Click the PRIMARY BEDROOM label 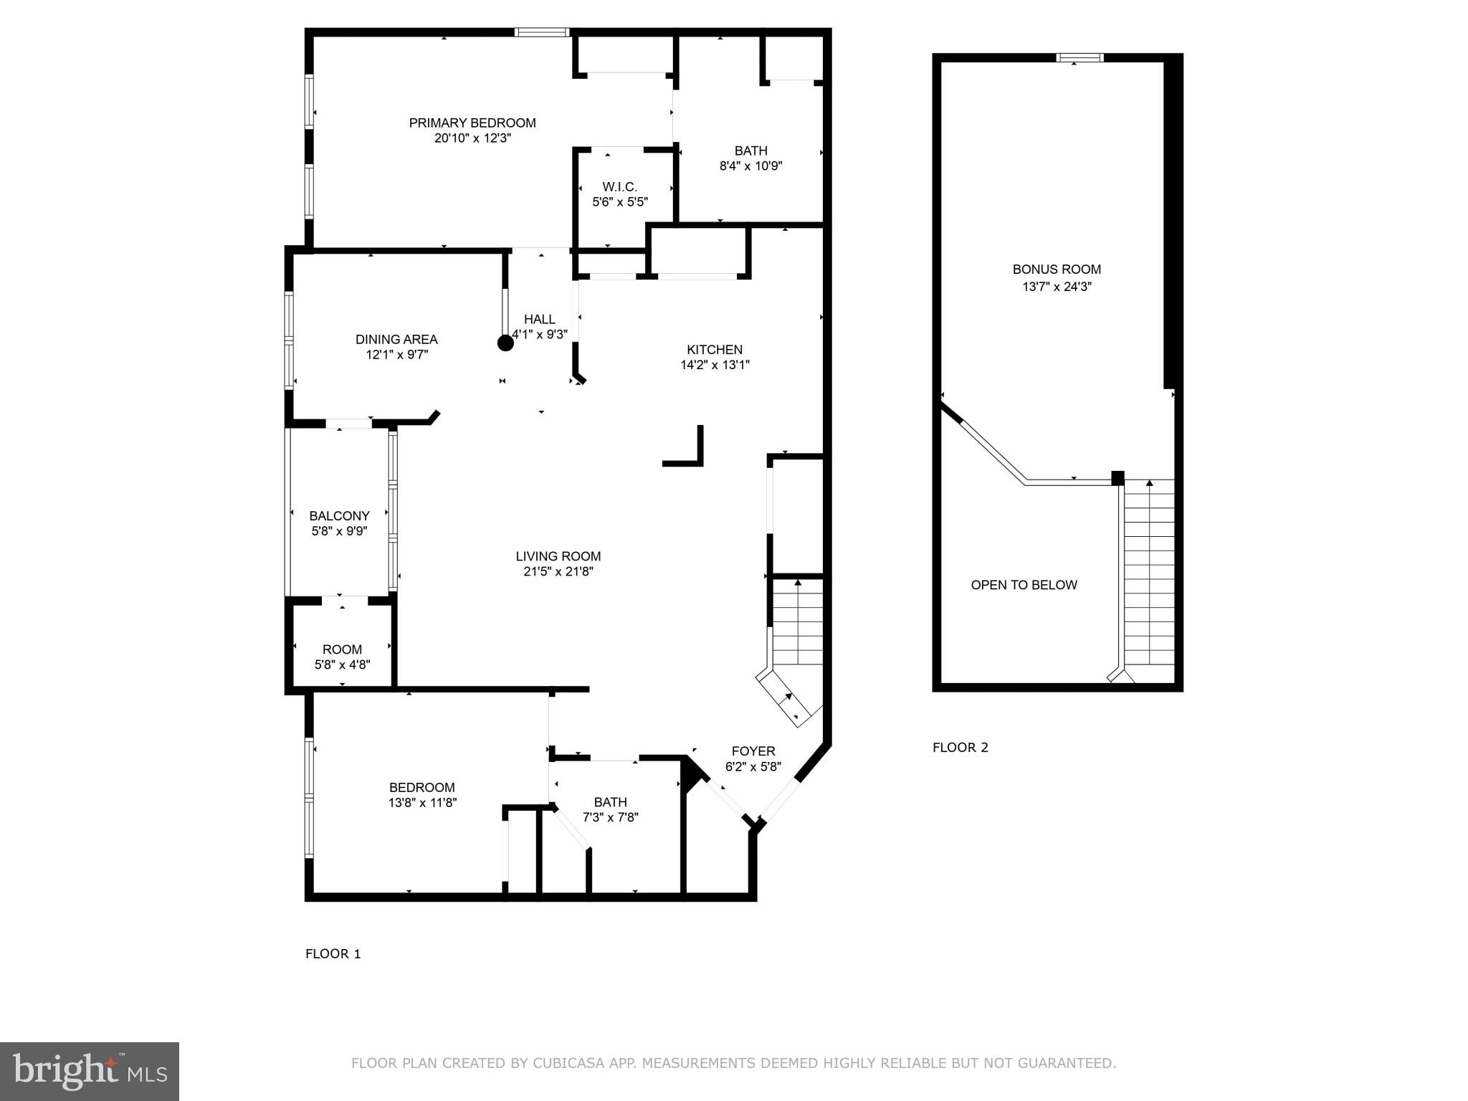(472, 123)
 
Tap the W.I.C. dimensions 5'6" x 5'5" (620, 202)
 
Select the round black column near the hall (505, 343)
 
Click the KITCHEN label (715, 350)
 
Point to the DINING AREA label (396, 339)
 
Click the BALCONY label (339, 516)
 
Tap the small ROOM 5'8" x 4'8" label (342, 649)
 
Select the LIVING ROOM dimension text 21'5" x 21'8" (558, 572)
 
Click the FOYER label (753, 751)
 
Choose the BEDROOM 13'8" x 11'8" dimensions (422, 803)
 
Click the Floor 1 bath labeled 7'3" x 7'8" (610, 809)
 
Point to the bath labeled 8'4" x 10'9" (750, 158)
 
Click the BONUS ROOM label (1057, 270)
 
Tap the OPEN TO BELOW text (1024, 585)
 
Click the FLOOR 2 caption (960, 748)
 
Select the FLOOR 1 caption (333, 953)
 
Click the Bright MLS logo (90, 1071)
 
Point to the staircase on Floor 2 (1149, 573)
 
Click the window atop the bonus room (1080, 58)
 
